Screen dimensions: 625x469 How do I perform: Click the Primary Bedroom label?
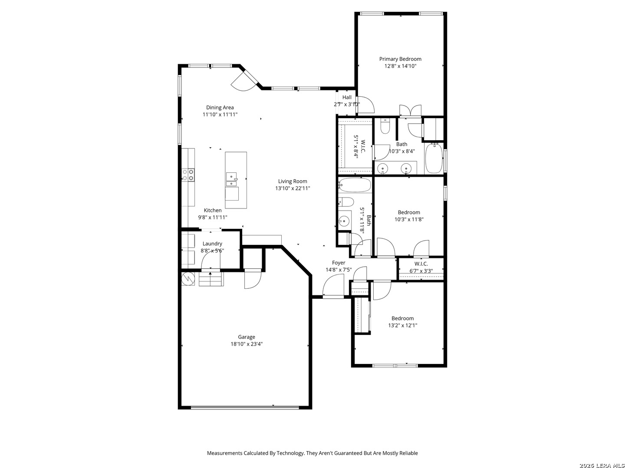[x=400, y=59]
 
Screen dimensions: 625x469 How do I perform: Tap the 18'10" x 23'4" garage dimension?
[x=247, y=344]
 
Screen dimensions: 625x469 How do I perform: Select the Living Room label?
[x=293, y=181]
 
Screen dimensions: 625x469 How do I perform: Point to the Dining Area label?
[x=220, y=107]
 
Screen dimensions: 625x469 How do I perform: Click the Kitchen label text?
[x=213, y=210]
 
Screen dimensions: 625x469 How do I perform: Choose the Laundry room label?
[x=212, y=244]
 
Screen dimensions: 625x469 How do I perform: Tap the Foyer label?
[x=339, y=263]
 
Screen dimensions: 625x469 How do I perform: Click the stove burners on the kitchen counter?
[x=188, y=175]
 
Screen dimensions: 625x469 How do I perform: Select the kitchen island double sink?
[x=231, y=179]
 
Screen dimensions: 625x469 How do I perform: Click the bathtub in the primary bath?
[x=434, y=159]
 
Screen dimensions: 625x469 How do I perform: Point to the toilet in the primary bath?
[x=385, y=127]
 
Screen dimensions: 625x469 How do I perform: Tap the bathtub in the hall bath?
[x=355, y=185]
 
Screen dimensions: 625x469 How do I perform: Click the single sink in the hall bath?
[x=344, y=221]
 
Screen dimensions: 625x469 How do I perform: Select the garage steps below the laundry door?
[x=211, y=279]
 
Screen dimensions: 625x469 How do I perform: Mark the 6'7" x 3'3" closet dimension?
[x=421, y=271]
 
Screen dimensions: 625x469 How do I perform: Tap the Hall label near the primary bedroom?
[x=347, y=97]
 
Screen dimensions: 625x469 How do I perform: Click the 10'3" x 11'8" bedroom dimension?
[x=409, y=219]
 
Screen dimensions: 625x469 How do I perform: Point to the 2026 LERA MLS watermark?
[x=602, y=466]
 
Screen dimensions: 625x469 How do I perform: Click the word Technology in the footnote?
[x=290, y=453]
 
